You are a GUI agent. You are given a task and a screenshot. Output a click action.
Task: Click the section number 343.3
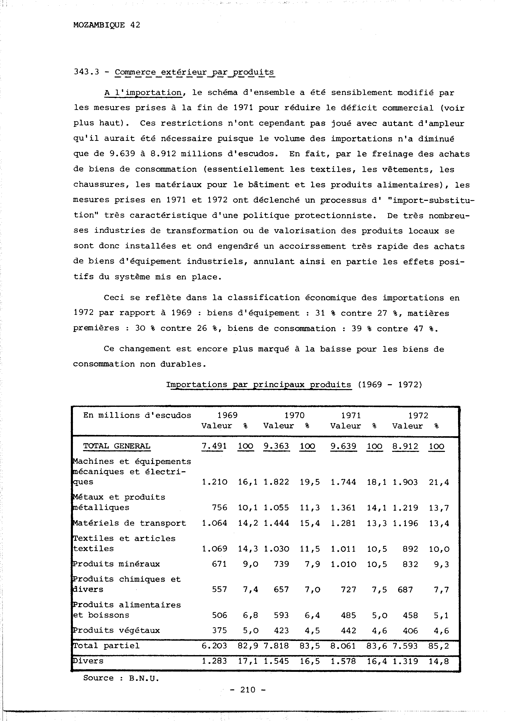point(86,72)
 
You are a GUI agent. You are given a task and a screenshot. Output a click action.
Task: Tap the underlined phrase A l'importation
point(143,93)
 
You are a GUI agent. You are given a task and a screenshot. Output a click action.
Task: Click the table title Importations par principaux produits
point(258,385)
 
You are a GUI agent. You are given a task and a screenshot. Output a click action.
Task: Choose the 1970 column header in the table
point(294,415)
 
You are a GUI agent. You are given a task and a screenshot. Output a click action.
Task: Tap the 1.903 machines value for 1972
point(405,482)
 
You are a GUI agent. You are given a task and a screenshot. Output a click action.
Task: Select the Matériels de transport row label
point(129,523)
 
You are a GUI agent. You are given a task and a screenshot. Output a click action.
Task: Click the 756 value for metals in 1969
point(219,508)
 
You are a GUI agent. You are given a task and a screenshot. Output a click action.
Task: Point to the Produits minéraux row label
point(116,564)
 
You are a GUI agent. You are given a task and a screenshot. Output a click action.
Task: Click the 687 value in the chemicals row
point(405,589)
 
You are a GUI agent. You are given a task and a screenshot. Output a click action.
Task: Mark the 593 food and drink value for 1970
point(281,615)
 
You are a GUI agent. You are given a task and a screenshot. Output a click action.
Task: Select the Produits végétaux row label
point(116,630)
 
